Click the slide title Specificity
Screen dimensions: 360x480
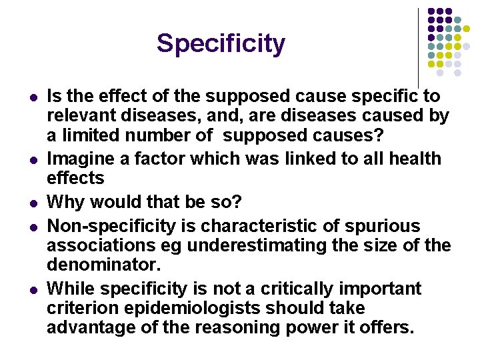tap(221, 44)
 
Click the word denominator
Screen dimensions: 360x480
tap(103, 265)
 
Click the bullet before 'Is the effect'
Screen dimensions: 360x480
tap(33, 97)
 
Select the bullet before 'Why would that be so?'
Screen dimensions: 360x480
tap(33, 202)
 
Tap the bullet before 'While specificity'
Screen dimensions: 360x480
tap(33, 289)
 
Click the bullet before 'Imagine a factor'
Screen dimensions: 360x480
tap(33, 159)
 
